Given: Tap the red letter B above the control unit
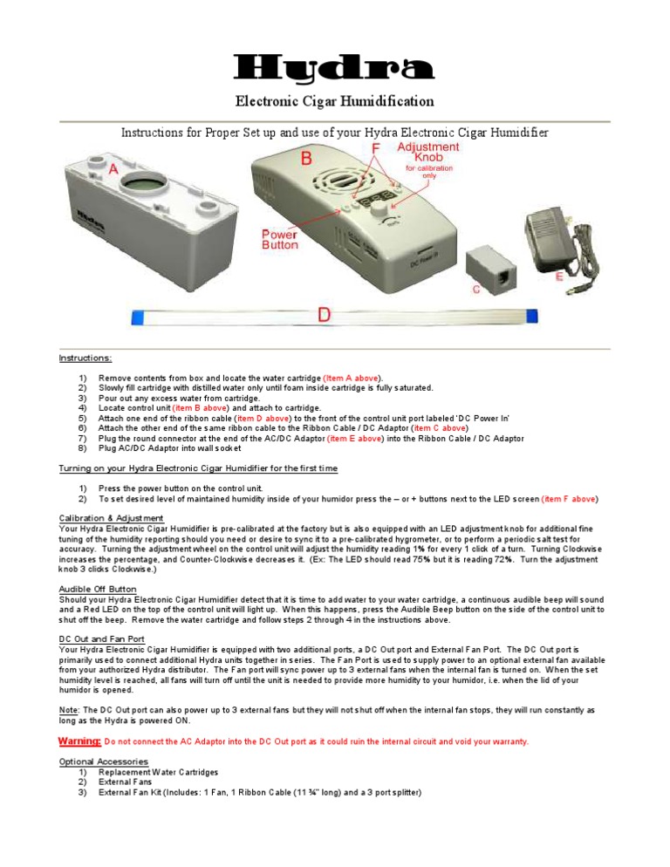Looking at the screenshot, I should click(306, 158).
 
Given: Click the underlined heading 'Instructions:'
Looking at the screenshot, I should click(85, 358).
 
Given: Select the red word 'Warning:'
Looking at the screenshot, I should click(79, 741).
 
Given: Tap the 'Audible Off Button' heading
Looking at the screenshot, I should click(97, 589).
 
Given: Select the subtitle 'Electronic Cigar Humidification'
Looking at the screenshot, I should click(335, 102).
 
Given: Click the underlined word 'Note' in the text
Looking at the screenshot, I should click(68, 711).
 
